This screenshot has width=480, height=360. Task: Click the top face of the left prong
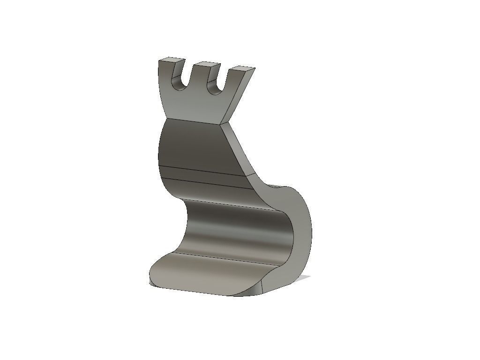click(172, 60)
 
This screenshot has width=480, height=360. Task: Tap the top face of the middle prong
click(208, 64)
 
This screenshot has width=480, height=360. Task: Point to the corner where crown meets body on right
click(221, 125)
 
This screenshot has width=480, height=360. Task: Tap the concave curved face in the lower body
click(234, 230)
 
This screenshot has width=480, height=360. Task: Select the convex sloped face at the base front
click(202, 274)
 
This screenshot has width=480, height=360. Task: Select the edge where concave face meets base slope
click(220, 256)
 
